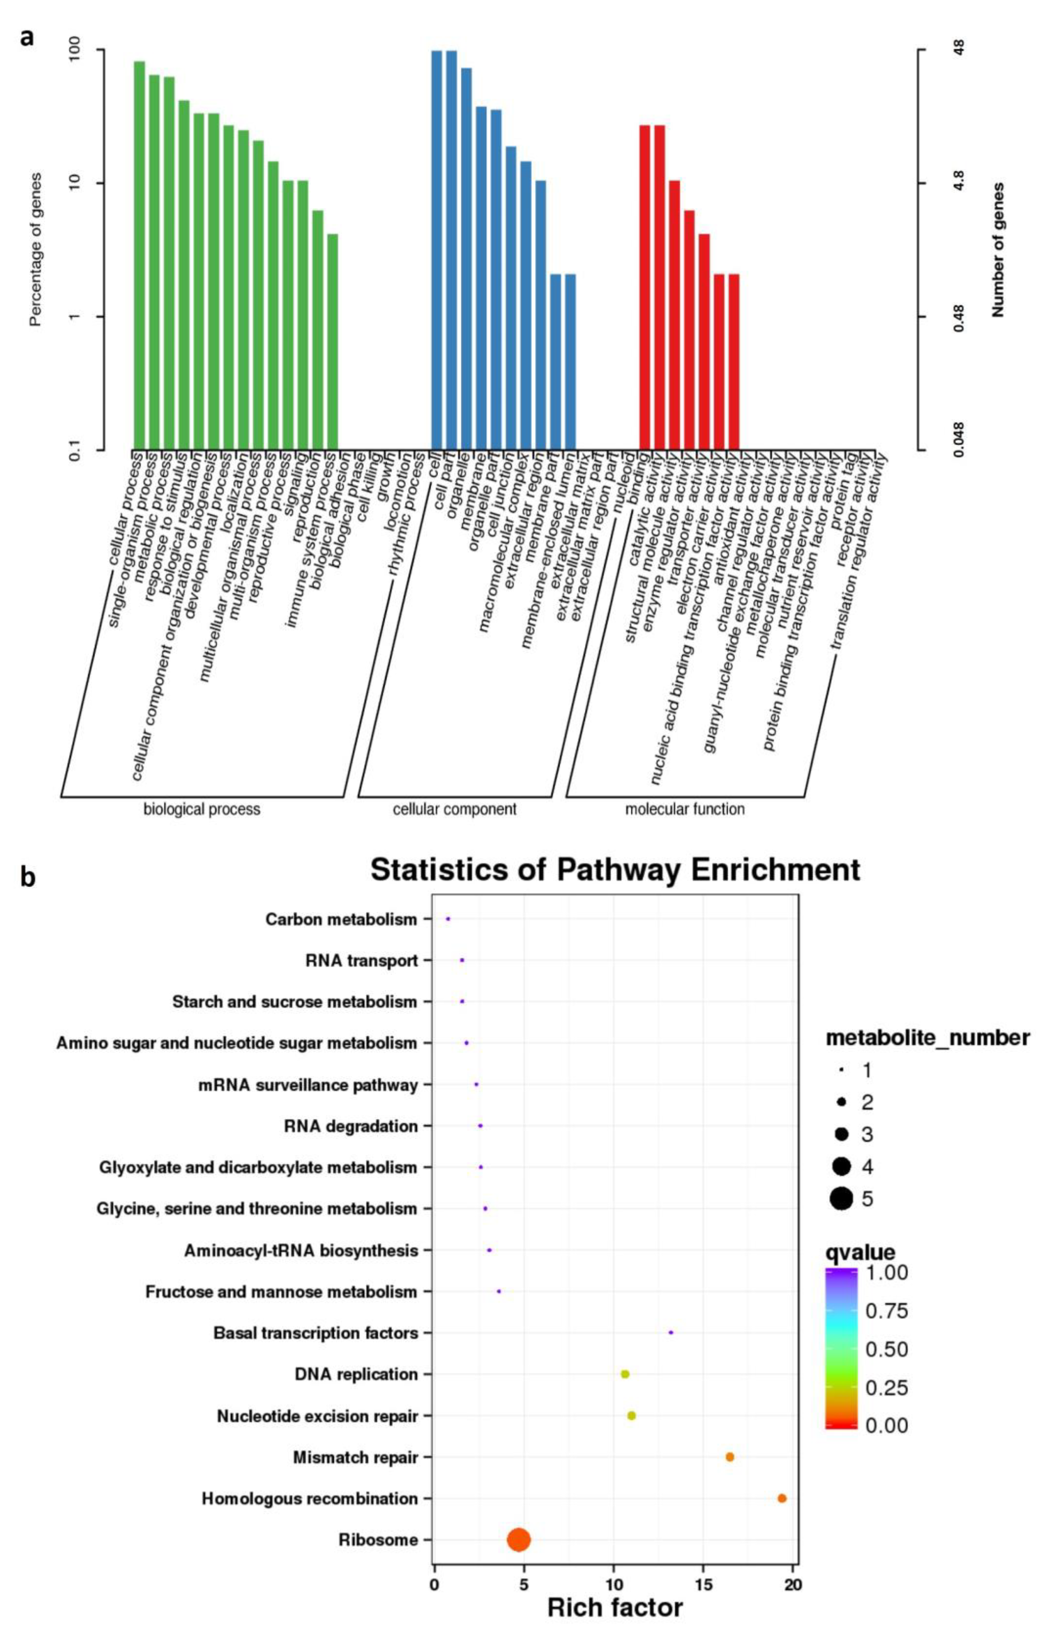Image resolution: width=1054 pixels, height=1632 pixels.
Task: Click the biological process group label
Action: coord(202,809)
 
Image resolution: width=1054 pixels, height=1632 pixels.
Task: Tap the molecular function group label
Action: coord(684,809)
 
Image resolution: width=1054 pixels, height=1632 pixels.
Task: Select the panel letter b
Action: coord(27,877)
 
